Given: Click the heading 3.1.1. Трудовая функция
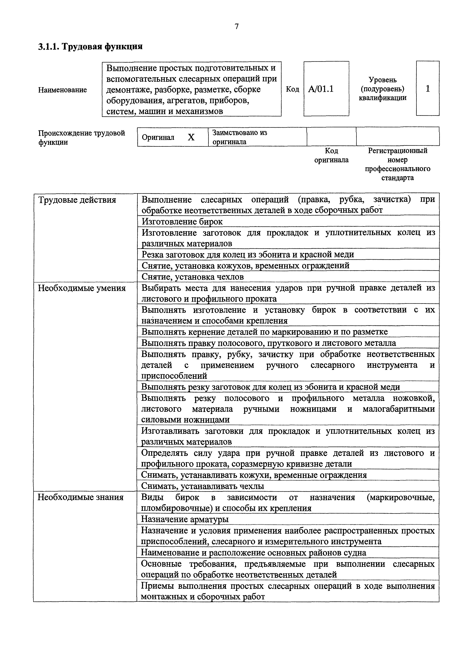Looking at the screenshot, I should coord(90,46).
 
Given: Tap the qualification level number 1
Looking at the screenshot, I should coord(427,89).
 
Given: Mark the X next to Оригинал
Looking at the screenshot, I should coord(191,137).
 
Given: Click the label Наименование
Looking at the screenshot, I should coord(62,90).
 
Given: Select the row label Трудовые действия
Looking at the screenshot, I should coord(77,200).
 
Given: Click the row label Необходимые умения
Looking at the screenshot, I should coord(82,288).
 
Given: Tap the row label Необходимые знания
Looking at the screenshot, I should coord(81,497).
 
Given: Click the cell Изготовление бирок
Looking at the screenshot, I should coord(182,221).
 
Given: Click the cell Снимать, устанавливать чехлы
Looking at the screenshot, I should coord(202,486).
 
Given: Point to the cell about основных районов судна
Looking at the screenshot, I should coord(253,553).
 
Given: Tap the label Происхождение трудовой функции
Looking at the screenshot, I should coord(81,137).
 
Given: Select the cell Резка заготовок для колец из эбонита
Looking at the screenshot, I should coord(248,254).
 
